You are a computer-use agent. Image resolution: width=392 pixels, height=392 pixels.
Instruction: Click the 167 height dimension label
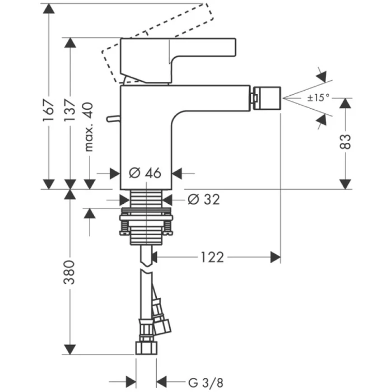pos(49,107)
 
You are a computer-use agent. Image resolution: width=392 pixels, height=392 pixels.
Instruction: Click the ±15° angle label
pos(318,97)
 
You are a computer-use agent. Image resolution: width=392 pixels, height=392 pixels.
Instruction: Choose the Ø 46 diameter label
pos(145,173)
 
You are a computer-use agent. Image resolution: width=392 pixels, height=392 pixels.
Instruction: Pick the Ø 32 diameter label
pos(203,199)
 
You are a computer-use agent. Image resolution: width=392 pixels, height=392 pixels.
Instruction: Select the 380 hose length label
pos(69,271)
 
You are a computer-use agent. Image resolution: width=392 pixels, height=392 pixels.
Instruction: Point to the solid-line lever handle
pos(179,53)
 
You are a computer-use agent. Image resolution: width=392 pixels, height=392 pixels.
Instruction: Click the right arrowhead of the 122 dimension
pos(276,257)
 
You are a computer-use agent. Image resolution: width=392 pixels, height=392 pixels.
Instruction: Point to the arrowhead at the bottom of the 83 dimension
pos(346,183)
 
